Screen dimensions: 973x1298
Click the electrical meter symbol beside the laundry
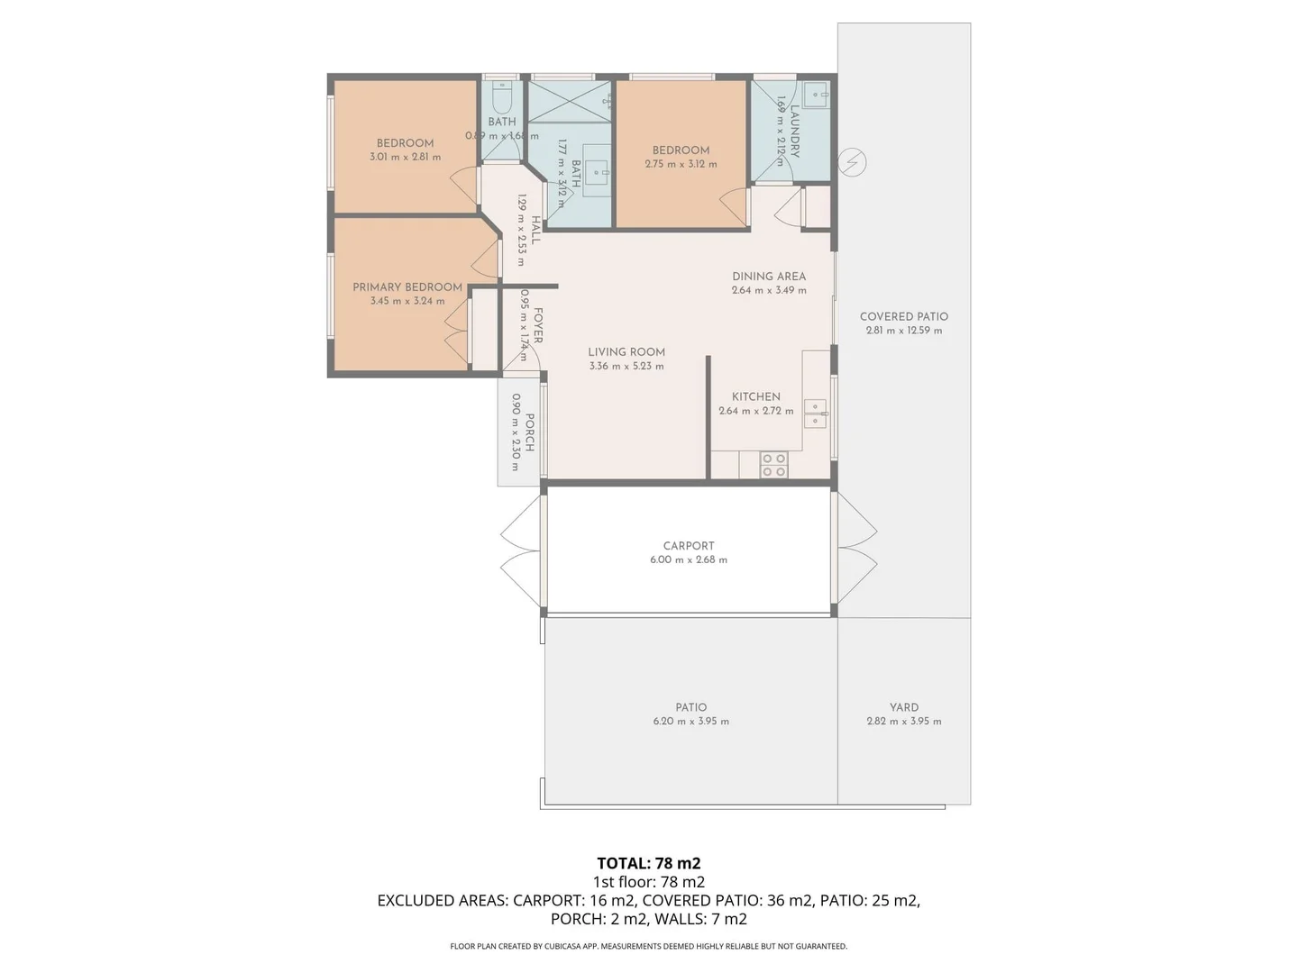(x=852, y=162)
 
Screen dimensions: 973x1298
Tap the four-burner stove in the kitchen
(x=773, y=465)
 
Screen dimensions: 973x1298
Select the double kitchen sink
(x=815, y=414)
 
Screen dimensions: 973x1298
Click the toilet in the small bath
(x=502, y=95)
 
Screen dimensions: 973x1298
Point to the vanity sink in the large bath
(x=596, y=172)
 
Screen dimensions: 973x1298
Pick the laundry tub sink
(x=817, y=94)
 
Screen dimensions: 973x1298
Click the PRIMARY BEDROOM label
(x=407, y=287)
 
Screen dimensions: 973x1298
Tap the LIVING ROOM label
(x=626, y=352)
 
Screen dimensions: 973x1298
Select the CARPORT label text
(x=689, y=546)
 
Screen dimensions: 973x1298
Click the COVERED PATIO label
(x=903, y=317)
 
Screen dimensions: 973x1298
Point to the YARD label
(x=904, y=707)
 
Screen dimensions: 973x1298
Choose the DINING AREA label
(x=769, y=277)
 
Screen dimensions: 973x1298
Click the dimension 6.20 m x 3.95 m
(x=691, y=722)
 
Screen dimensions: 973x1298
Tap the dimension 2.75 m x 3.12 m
(x=681, y=165)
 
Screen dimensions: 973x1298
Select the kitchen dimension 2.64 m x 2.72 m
(x=755, y=411)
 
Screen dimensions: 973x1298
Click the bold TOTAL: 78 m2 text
(x=648, y=863)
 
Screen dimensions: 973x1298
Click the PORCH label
(x=530, y=432)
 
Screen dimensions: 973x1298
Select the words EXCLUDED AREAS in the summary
(x=442, y=900)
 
